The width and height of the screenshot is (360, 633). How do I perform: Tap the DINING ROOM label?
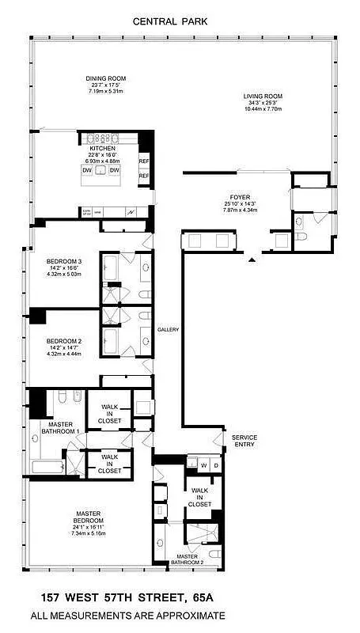pos(105,79)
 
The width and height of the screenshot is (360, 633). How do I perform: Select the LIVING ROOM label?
pos(262,97)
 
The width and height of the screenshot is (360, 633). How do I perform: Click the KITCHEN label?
pos(102,147)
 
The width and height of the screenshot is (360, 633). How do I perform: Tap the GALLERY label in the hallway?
pos(168,330)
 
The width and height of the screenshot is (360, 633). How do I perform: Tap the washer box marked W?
pos(203,464)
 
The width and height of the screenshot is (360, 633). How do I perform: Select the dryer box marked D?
pos(216,464)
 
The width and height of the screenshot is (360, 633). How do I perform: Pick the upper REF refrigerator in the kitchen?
pos(144,161)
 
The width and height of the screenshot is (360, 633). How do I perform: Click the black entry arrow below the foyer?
pos(252,259)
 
